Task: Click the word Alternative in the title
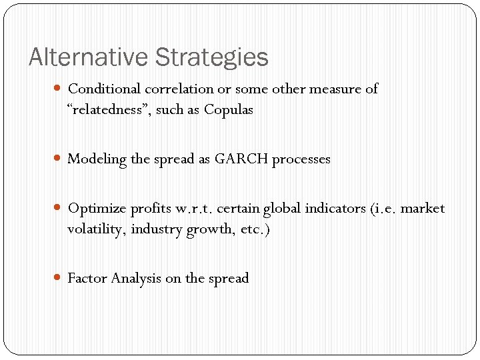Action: coord(89,57)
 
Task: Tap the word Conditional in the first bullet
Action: coord(105,89)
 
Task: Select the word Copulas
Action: coord(229,110)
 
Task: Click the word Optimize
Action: coord(97,209)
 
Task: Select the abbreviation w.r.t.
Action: coord(193,209)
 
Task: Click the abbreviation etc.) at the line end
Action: coord(255,230)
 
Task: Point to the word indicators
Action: coord(335,209)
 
